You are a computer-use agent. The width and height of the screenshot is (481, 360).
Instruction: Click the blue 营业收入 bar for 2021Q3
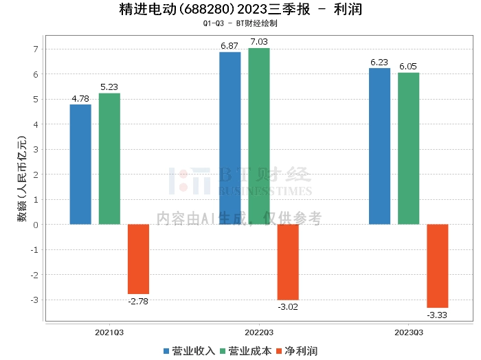click(80, 164)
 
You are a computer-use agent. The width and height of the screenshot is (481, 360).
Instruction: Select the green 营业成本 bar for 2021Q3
click(109, 159)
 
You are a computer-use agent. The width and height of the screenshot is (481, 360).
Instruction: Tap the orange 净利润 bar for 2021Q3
click(138, 259)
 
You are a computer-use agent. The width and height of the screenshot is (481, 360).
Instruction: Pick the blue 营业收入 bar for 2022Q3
click(230, 138)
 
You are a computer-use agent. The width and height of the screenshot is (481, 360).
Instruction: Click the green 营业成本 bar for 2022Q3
click(259, 136)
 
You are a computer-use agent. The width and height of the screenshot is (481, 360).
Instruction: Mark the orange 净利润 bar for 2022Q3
click(288, 262)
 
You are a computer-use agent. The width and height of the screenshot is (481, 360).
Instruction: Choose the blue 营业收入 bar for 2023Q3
click(379, 146)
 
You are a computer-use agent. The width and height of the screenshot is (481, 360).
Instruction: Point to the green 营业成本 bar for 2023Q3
click(408, 148)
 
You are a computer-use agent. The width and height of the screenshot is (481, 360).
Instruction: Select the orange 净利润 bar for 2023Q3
click(438, 266)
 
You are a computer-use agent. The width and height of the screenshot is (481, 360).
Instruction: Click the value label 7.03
click(259, 42)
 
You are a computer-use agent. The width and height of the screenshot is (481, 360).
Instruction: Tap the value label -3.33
click(437, 315)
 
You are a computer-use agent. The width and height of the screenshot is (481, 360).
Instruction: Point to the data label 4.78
click(80, 98)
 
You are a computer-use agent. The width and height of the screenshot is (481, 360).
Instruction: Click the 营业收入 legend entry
click(189, 351)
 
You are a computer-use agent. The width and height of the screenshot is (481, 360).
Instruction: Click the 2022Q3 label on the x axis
click(258, 332)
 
